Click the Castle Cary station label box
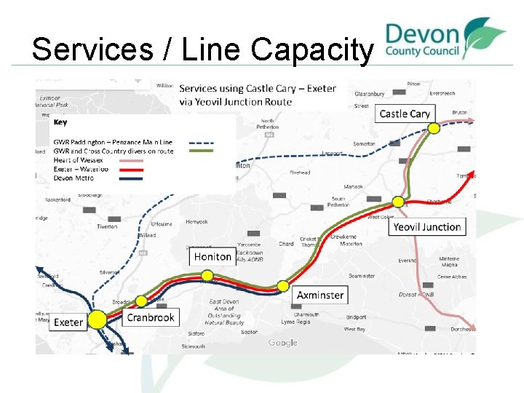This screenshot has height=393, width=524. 405,114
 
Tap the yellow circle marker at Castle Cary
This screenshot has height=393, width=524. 434,128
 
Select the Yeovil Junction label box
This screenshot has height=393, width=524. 427,227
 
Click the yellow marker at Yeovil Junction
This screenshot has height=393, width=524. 399,201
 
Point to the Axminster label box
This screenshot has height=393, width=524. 320,295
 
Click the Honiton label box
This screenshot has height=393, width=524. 213,257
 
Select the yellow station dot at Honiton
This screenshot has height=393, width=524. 207,275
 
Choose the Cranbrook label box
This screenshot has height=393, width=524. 151,317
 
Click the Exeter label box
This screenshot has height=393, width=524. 68,322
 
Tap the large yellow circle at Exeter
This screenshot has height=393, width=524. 96,319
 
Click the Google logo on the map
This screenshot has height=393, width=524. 282,343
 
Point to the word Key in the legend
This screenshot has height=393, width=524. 60,122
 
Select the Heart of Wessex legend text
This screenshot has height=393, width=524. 78,160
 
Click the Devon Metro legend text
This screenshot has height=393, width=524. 74,178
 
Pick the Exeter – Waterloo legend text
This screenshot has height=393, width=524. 80,169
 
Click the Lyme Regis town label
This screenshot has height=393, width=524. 295,322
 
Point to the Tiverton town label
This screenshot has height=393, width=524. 106,226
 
